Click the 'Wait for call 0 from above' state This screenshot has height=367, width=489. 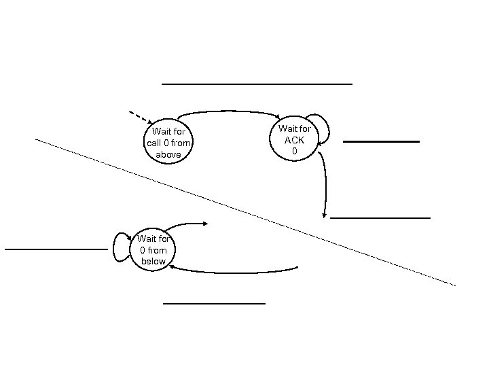point(168,143)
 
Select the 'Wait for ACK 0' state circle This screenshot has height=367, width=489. point(295,139)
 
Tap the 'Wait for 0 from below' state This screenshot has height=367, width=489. point(153,250)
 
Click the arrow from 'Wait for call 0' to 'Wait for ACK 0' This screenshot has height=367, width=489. point(231,111)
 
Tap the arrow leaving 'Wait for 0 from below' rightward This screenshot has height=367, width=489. point(183,225)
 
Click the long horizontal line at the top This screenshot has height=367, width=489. point(257,84)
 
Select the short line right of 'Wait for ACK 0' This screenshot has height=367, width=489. point(381,141)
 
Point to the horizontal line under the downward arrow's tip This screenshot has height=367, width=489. point(380,217)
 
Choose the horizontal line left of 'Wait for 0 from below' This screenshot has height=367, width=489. point(56,249)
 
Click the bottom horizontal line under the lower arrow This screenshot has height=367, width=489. point(214,302)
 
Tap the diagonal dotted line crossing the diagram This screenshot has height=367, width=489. point(244,211)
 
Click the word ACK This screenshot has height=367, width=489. point(295,139)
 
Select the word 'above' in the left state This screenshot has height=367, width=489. point(168,155)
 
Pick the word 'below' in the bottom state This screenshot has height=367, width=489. point(153,262)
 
